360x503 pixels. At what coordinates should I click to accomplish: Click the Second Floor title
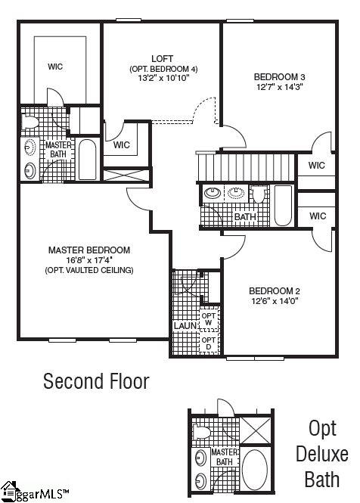(x=96, y=381)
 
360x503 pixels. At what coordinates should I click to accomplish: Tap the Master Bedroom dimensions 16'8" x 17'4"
(x=89, y=260)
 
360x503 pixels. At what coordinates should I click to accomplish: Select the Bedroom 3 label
(x=279, y=76)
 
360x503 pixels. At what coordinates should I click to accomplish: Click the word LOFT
(x=163, y=59)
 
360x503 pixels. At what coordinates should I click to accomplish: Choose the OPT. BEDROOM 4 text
(x=163, y=69)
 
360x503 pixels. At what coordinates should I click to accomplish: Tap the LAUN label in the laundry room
(x=185, y=326)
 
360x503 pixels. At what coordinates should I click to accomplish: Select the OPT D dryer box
(x=209, y=343)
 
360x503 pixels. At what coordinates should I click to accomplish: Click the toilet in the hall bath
(x=259, y=195)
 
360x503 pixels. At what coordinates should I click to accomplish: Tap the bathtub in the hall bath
(x=282, y=206)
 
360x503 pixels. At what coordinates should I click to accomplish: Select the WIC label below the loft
(x=122, y=144)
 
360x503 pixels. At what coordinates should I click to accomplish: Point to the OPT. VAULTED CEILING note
(x=89, y=270)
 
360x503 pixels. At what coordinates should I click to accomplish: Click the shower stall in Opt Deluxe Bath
(x=257, y=430)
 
